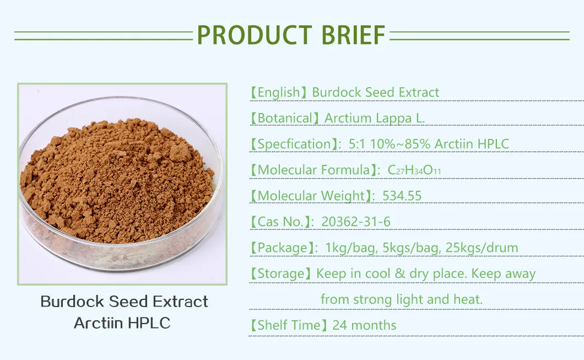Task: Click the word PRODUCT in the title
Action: (251, 35)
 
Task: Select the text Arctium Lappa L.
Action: (375, 118)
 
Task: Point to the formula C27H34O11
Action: (414, 170)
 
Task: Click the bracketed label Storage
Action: (281, 273)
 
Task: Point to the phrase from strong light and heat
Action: (402, 299)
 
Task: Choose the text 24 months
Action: (364, 325)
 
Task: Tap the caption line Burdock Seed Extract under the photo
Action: (125, 302)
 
